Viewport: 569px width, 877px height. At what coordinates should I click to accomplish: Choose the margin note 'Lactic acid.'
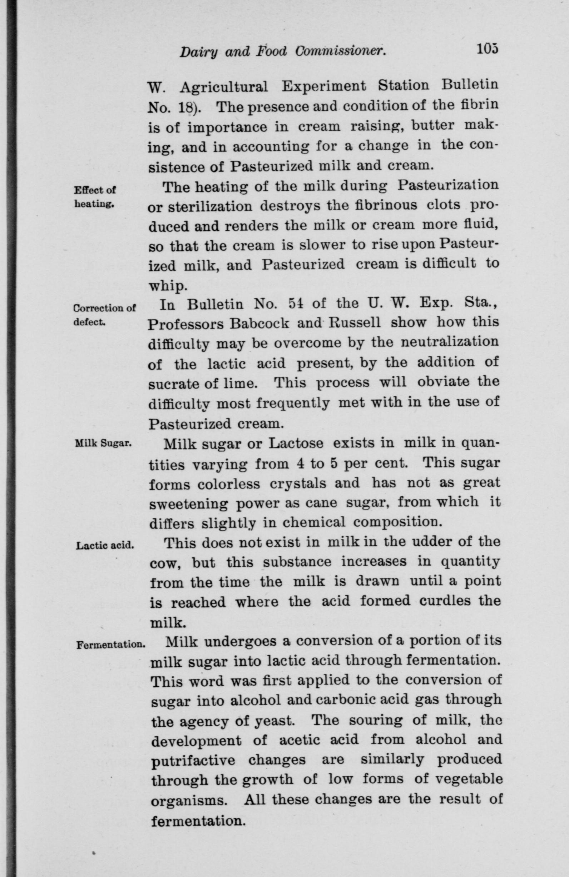[x=104, y=545]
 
